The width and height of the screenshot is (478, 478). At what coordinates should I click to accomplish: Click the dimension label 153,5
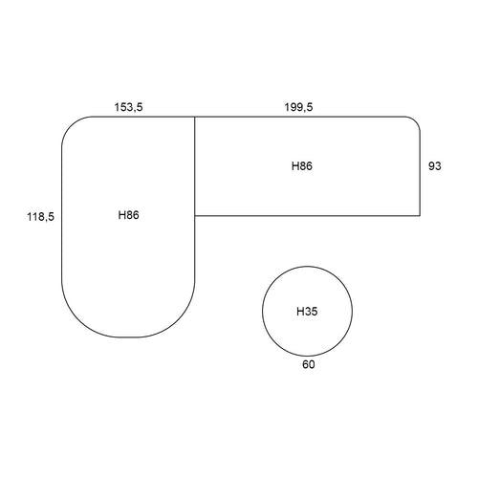(128, 107)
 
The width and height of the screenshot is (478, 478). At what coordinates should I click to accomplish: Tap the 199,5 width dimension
(298, 107)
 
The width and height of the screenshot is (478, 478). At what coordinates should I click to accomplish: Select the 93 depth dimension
(435, 166)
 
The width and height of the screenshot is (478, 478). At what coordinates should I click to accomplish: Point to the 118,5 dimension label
(40, 217)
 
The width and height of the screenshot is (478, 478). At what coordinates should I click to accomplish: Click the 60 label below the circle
(309, 364)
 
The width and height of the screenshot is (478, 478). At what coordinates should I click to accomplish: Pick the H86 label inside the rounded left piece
(128, 215)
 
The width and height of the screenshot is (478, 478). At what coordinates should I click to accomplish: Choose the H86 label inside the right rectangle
(302, 166)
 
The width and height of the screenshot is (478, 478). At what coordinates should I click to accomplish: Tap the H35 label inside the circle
(307, 312)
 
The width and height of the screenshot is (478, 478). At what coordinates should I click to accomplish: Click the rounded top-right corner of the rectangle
(416, 121)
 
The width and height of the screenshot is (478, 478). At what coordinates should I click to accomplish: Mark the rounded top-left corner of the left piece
(71, 125)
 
